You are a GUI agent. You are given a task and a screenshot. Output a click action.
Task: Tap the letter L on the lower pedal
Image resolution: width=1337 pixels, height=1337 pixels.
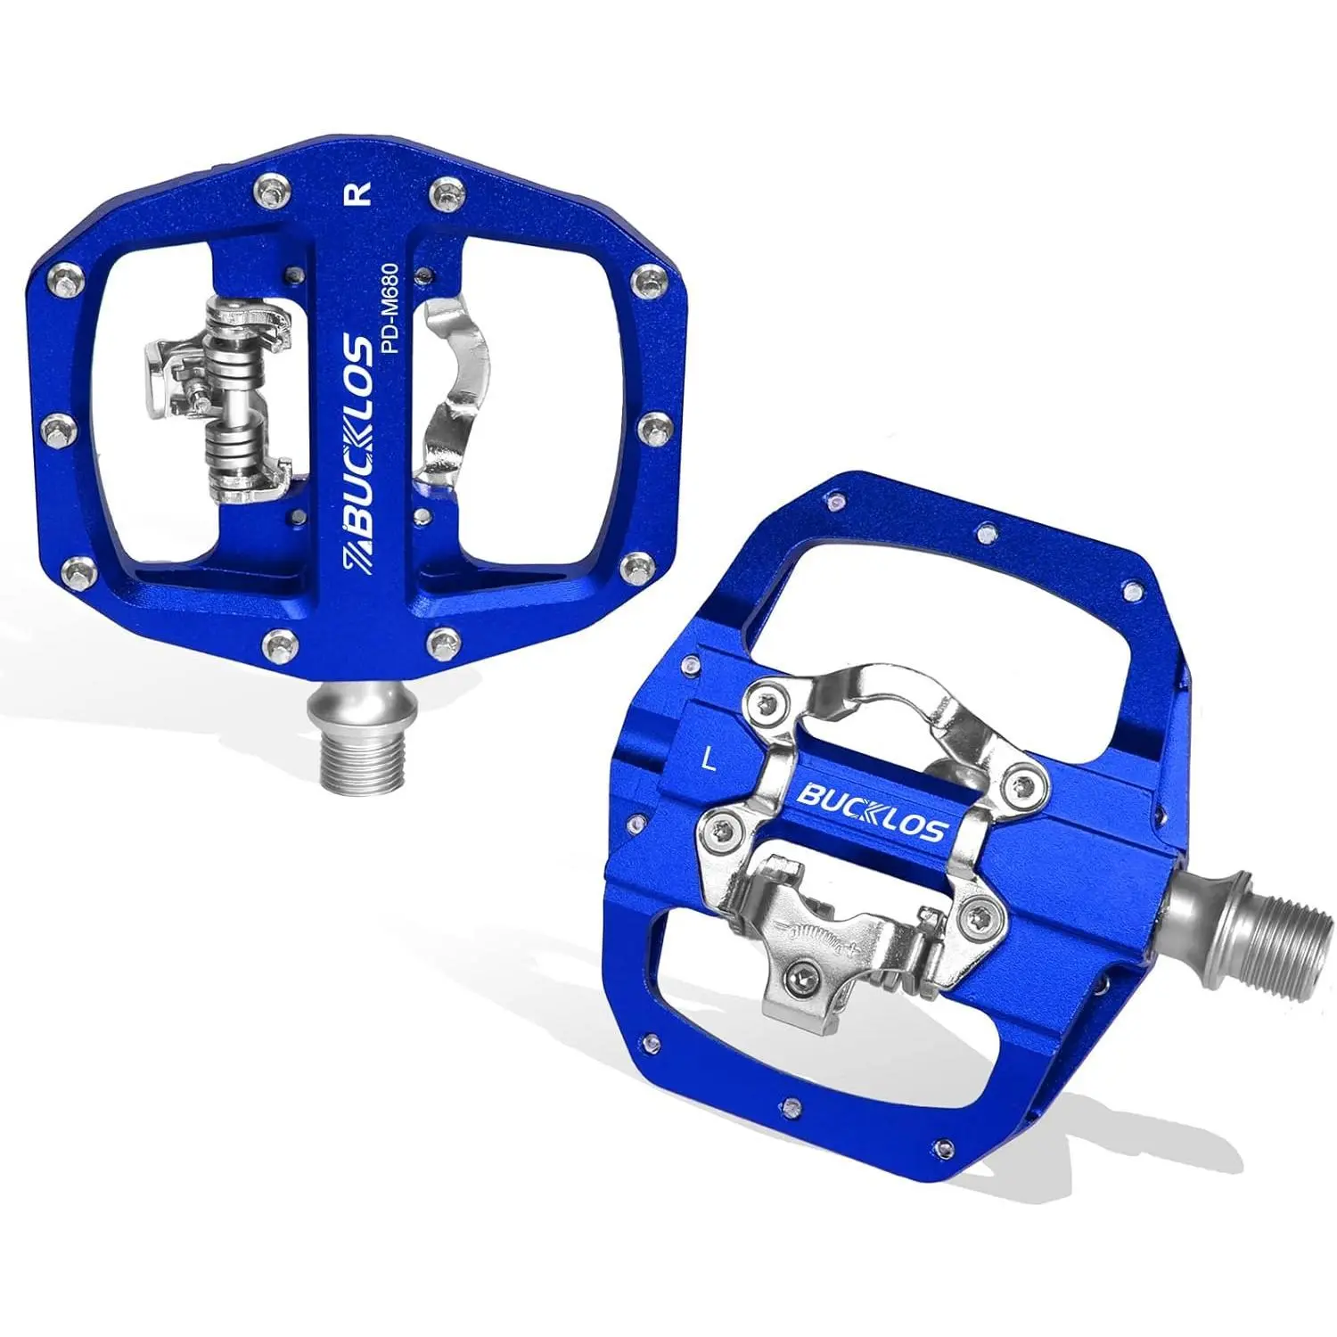710,759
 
